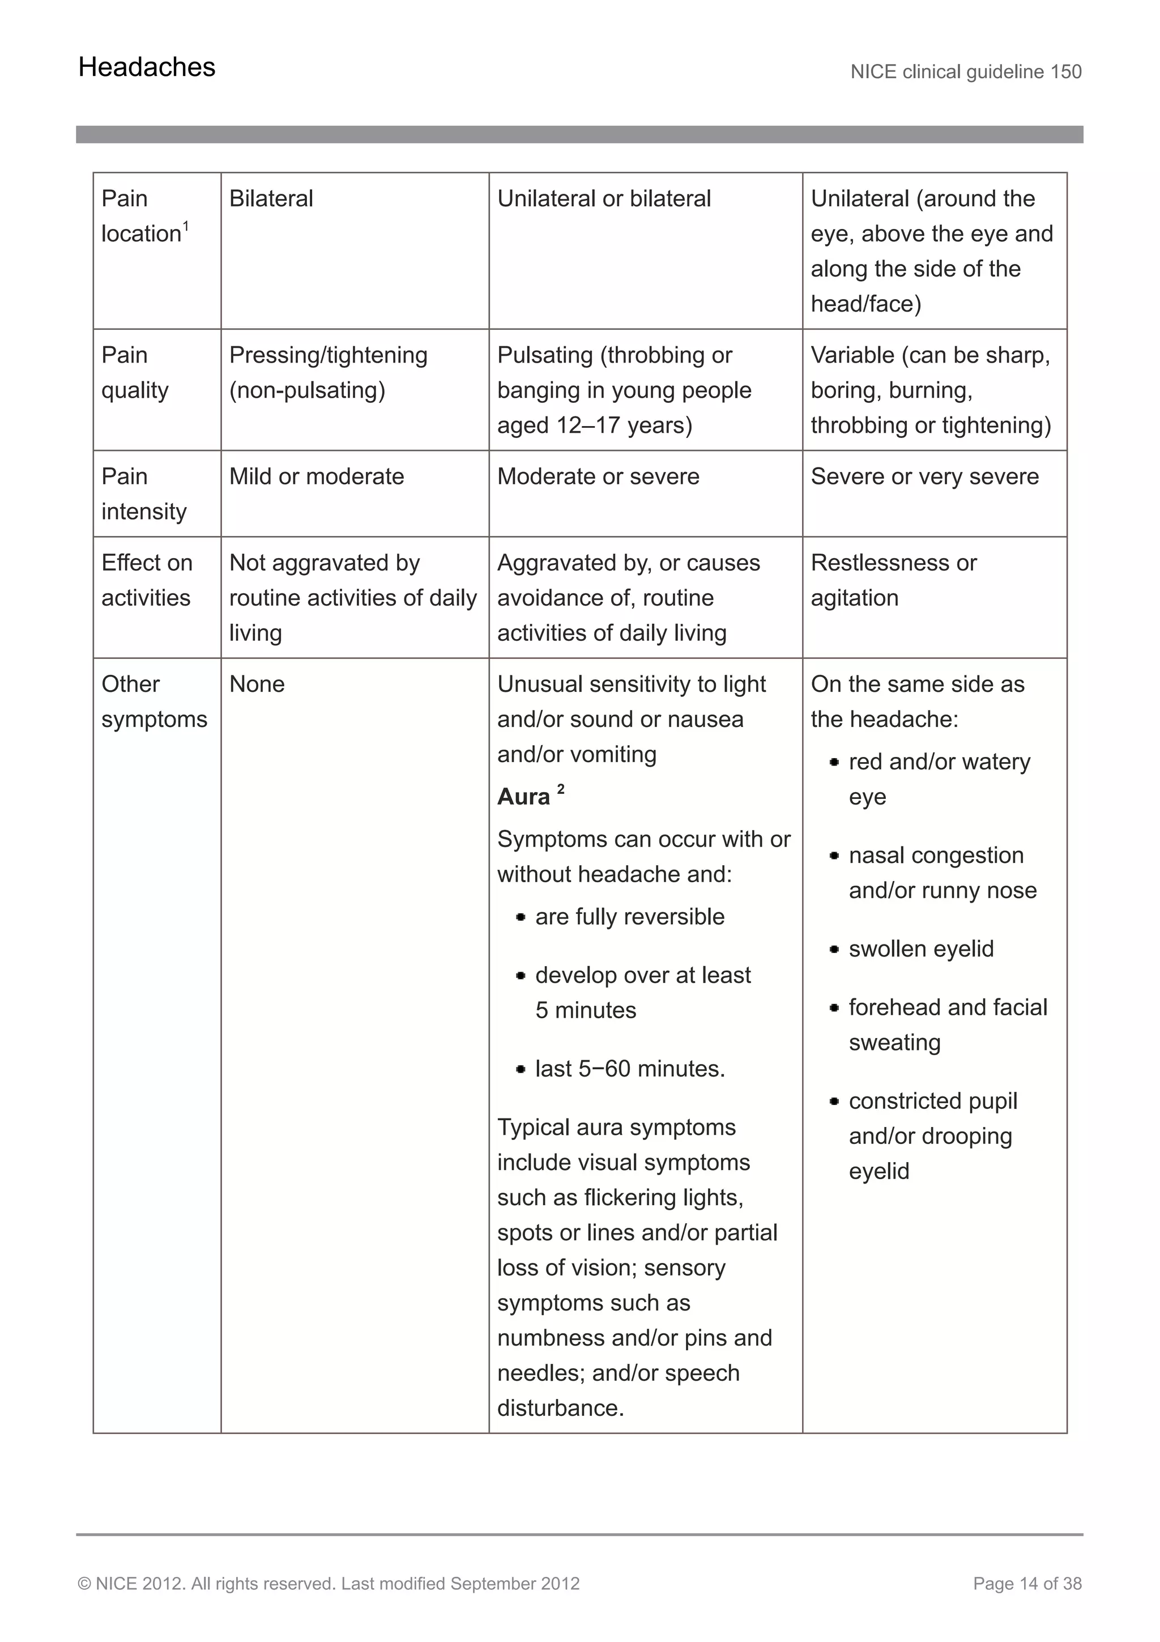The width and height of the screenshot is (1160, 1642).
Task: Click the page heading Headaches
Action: [x=147, y=67]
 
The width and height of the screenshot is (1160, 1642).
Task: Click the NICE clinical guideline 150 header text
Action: [x=966, y=72]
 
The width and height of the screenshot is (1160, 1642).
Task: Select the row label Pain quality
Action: [x=135, y=373]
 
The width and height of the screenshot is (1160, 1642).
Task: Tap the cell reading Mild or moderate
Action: [x=317, y=477]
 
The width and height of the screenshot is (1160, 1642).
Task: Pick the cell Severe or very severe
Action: [x=924, y=477]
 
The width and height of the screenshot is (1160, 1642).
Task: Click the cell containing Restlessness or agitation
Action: [x=893, y=580]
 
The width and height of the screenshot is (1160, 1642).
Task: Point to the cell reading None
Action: [x=257, y=684]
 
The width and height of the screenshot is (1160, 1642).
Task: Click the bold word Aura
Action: [x=524, y=797]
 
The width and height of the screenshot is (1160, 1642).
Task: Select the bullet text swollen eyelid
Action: [x=920, y=949]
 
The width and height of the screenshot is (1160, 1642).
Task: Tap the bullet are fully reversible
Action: [x=629, y=917]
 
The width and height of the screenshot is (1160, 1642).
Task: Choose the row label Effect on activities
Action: [x=147, y=580]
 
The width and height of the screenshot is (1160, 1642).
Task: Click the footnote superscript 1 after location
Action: [x=186, y=226]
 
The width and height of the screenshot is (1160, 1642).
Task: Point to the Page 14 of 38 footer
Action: [x=1027, y=1583]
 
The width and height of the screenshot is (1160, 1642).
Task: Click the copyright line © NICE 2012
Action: [x=328, y=1583]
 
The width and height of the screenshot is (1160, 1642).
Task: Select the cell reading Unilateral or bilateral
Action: [x=604, y=199]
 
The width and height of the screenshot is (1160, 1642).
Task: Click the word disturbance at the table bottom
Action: [x=560, y=1408]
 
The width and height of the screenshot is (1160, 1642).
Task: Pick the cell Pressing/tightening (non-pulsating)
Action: [x=328, y=373]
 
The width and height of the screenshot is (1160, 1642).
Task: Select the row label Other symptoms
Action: [x=153, y=701]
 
